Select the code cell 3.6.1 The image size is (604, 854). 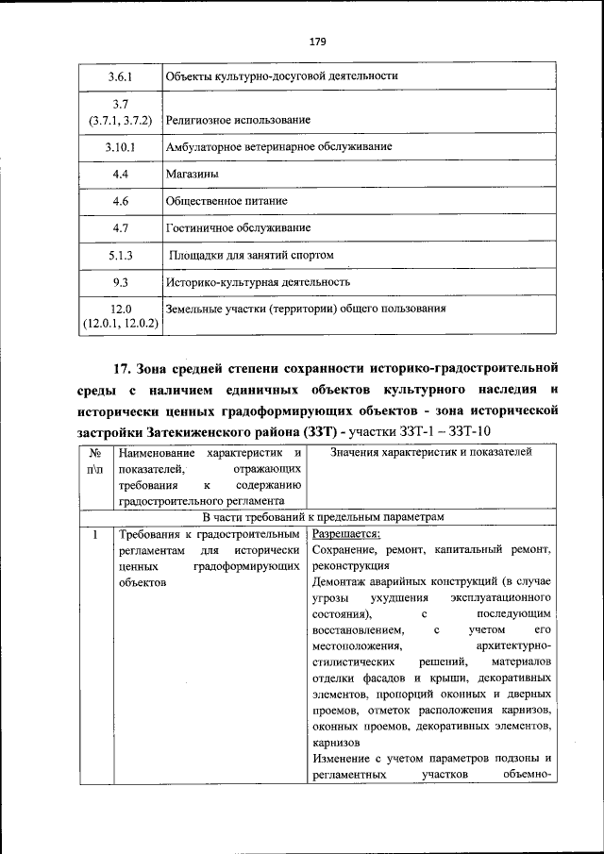pos(120,75)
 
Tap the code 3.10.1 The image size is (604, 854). pos(120,147)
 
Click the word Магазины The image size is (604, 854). pos(193,175)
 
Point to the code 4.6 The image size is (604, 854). pos(120,201)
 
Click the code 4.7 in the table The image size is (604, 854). pos(120,227)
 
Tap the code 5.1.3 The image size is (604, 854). pos(120,255)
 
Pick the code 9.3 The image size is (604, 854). pos(120,281)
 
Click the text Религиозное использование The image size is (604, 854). pos(238,121)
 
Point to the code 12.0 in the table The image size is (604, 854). pos(120,309)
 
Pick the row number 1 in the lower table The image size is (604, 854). pos(94,534)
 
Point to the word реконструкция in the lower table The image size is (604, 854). pos(348,565)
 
